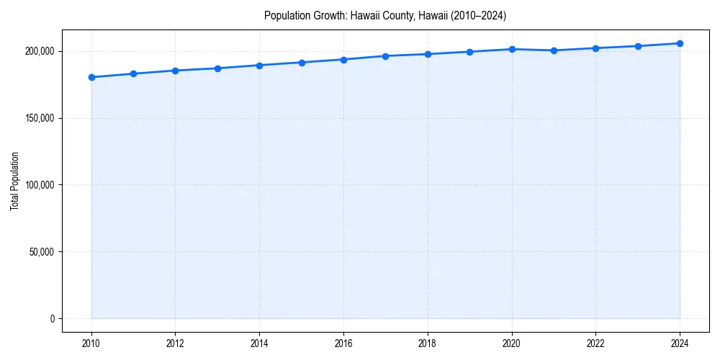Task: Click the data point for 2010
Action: coord(91,77)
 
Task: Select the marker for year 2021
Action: coord(554,50)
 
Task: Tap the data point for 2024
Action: coord(680,43)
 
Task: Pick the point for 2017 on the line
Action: coord(386,56)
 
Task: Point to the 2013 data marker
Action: coord(217,68)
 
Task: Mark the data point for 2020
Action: coord(512,49)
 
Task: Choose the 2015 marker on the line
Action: coord(302,63)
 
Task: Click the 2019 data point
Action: coord(469,52)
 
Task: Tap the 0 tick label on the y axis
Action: coord(52,319)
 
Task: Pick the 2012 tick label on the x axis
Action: coord(176,343)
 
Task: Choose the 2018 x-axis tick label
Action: coord(428,343)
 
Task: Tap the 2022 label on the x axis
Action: coord(595,343)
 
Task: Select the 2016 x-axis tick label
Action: coord(343,343)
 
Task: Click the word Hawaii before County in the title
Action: coord(364,15)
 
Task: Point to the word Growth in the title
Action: coord(328,15)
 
